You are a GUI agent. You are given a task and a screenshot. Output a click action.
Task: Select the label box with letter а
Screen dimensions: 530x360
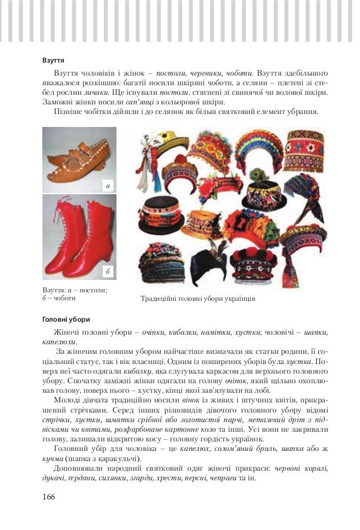point(108,185)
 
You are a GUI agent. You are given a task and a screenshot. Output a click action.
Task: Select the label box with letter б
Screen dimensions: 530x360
point(108,272)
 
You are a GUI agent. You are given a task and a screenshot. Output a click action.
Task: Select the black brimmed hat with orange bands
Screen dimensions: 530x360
point(163,211)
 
